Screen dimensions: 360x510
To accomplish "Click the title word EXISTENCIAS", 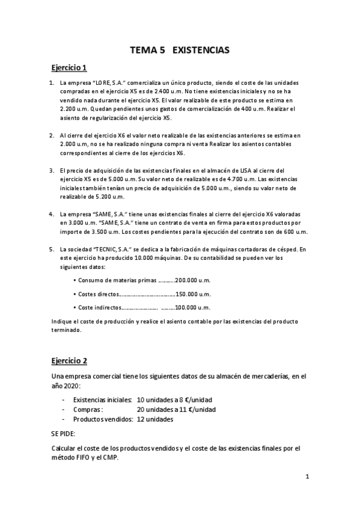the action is (201, 51).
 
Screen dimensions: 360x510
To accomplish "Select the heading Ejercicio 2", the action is (69, 361).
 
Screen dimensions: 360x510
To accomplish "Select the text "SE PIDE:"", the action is (64, 432).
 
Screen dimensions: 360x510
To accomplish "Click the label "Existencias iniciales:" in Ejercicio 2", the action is (102, 399).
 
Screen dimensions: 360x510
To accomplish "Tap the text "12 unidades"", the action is (155, 419).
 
